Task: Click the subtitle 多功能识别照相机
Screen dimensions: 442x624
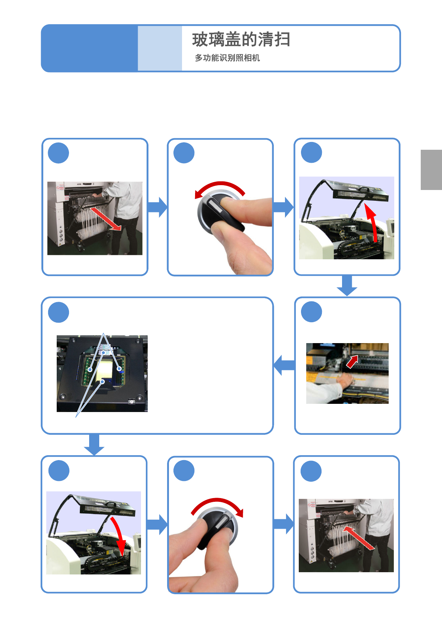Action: coord(227,58)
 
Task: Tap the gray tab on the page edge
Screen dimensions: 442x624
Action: coord(431,170)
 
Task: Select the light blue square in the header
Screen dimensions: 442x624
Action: coord(160,48)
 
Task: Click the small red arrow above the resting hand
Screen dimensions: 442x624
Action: coord(352,362)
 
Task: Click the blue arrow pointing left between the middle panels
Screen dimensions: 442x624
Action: coord(284,365)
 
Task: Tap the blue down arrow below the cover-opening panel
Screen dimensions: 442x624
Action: coord(347,285)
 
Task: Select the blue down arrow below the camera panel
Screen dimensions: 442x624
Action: coord(94,444)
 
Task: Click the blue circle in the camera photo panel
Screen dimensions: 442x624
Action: coord(59,312)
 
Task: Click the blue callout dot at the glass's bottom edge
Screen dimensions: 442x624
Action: coord(103,381)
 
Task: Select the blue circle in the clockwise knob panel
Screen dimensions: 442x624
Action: coord(184,471)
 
